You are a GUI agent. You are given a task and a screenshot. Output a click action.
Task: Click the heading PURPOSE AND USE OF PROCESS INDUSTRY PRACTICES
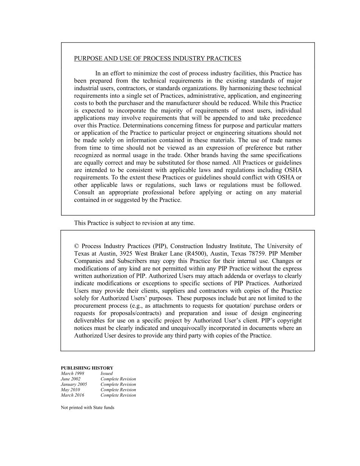(x=157, y=58)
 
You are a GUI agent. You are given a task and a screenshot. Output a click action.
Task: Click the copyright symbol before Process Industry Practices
(x=76, y=246)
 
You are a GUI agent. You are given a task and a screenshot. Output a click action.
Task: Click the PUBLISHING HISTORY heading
(x=87, y=368)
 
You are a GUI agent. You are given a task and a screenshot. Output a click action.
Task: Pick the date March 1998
(x=72, y=374)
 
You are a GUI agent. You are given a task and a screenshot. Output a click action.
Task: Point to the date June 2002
(x=70, y=379)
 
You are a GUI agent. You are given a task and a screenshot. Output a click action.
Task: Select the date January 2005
(x=74, y=384)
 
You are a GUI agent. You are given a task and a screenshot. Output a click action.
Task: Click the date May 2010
(x=70, y=389)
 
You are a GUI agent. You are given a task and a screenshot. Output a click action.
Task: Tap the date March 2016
(x=72, y=395)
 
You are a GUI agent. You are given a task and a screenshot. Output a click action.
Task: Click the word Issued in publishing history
(x=106, y=374)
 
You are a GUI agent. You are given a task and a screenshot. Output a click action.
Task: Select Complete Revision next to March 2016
(x=118, y=395)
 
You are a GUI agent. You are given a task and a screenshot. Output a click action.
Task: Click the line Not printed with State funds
(x=88, y=408)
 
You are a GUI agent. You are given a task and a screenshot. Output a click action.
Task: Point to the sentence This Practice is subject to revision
(x=134, y=223)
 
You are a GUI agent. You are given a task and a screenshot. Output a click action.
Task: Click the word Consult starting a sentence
(x=84, y=192)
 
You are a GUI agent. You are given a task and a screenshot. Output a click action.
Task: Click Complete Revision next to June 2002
(x=118, y=379)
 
